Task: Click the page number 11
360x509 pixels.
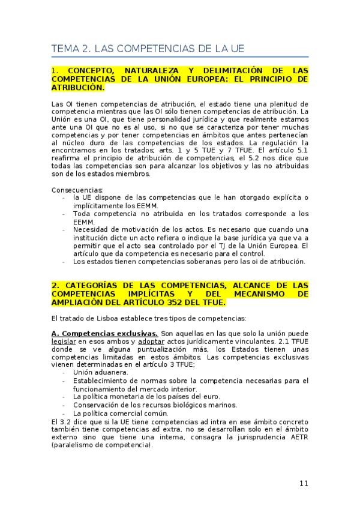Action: pos(304,484)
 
